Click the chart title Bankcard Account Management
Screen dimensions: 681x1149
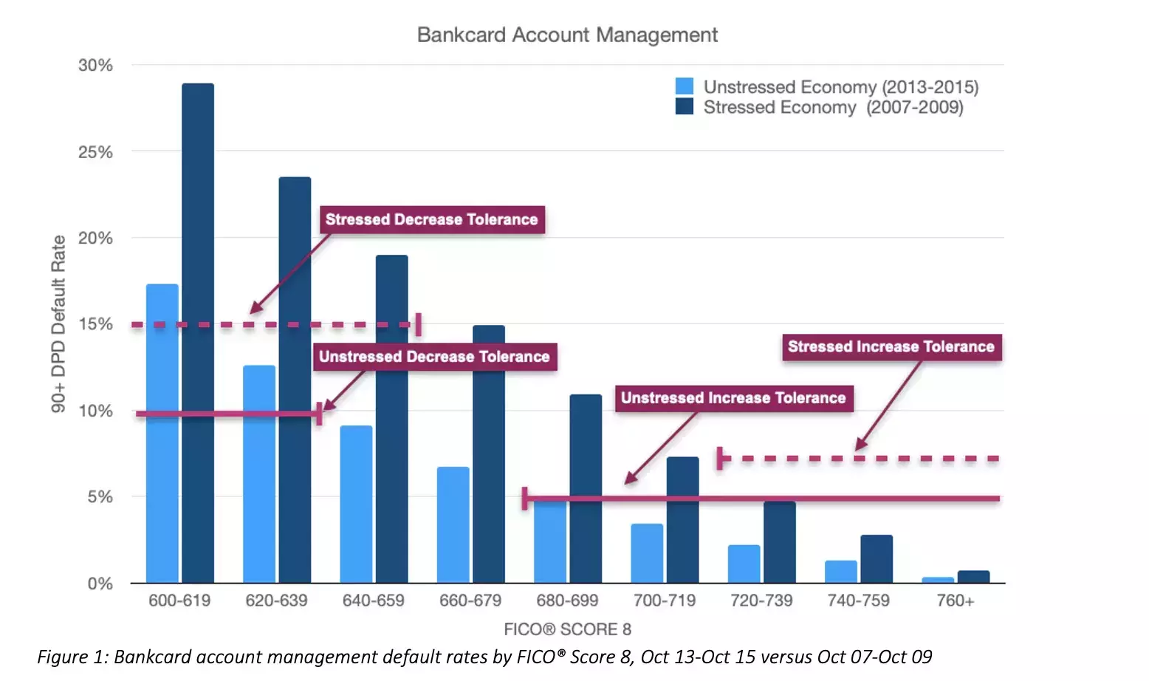tap(567, 35)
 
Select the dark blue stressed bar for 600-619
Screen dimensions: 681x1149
tap(198, 332)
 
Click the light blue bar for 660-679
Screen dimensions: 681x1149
tap(453, 524)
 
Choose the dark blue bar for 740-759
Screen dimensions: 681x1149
tap(877, 559)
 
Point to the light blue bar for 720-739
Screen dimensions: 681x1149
tap(744, 564)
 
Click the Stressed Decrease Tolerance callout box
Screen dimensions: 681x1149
tap(432, 219)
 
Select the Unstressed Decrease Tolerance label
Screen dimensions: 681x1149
tap(434, 357)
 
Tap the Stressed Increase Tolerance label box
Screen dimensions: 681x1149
tap(891, 346)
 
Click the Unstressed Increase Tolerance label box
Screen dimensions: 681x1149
tap(733, 398)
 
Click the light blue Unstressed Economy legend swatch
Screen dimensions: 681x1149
tap(685, 86)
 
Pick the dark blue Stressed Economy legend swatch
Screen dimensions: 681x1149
tap(685, 106)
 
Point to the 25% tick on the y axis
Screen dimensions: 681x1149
tap(96, 152)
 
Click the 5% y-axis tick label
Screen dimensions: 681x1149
tap(100, 497)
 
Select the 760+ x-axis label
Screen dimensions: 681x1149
tap(955, 600)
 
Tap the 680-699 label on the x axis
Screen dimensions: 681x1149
tap(567, 600)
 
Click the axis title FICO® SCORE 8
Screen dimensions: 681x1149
tap(567, 629)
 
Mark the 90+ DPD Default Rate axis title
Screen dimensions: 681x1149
tap(58, 324)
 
